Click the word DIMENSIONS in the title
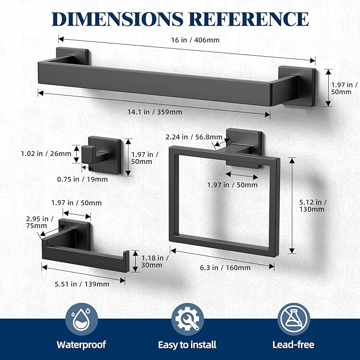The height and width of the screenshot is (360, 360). coord(117,19)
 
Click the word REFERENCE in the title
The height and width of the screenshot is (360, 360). coord(250,19)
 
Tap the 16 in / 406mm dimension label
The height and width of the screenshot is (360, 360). coord(195,40)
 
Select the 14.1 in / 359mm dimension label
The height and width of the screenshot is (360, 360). coord(155,112)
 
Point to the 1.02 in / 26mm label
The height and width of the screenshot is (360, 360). coord(46,154)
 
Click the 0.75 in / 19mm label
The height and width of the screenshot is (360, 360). coord(82,179)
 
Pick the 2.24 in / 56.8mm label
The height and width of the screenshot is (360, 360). coord(194,137)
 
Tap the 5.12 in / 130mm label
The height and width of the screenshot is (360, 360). coord(313,206)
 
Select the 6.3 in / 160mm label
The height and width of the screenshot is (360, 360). coord(225,268)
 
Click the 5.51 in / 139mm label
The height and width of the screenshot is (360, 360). coord(82,284)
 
